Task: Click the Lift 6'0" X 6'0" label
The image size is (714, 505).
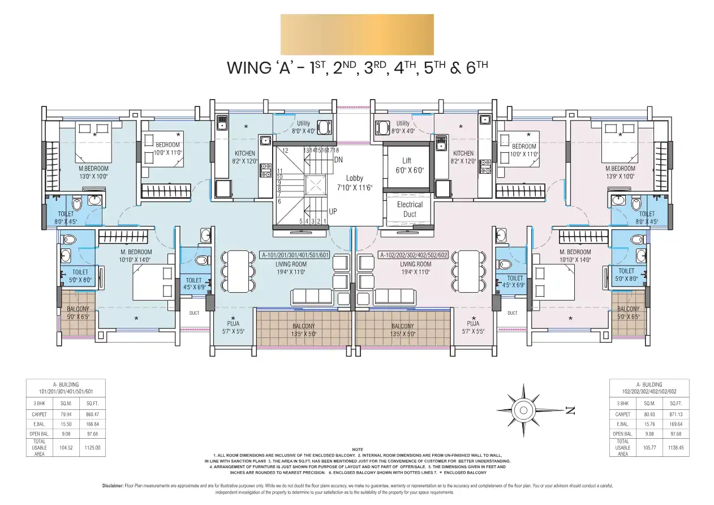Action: pyautogui.click(x=407, y=165)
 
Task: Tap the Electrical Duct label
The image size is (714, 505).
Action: pyautogui.click(x=410, y=209)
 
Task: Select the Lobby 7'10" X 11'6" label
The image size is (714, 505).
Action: pyautogui.click(x=355, y=182)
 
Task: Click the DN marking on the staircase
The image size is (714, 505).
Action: pyautogui.click(x=338, y=160)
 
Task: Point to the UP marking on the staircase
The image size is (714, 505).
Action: pyautogui.click(x=333, y=211)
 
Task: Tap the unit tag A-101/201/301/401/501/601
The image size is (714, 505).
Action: pyautogui.click(x=295, y=255)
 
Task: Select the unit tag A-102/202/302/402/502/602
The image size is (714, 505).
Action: pyautogui.click(x=413, y=255)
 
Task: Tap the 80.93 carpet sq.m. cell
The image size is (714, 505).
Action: pyautogui.click(x=655, y=415)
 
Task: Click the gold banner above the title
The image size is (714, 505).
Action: pyautogui.click(x=357, y=35)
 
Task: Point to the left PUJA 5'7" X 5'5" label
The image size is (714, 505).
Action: pyautogui.click(x=233, y=327)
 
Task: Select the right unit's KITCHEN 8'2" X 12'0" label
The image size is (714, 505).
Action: pyautogui.click(x=463, y=157)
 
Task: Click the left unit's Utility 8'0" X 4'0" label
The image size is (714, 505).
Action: pyautogui.click(x=304, y=127)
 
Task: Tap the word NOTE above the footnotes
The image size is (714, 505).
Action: pyautogui.click(x=357, y=450)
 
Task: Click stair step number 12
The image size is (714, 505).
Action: pyautogui.click(x=285, y=151)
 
